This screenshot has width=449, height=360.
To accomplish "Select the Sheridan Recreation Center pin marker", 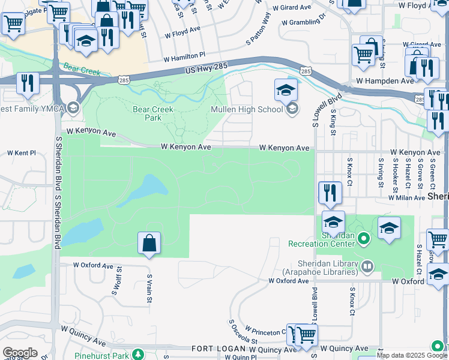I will (363, 240).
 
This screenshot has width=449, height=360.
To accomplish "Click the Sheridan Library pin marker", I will (367, 266).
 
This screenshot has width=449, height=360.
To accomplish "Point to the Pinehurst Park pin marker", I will (138, 355).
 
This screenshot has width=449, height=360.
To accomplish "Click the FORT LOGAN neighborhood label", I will (219, 349).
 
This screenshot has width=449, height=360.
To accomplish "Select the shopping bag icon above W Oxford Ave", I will (149, 243).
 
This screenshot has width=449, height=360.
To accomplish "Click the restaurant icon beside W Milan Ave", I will (329, 193).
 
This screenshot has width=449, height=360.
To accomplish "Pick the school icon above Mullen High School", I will (286, 90).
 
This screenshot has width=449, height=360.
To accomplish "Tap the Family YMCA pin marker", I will (73, 108).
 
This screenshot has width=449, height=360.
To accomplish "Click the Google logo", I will (19, 353).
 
